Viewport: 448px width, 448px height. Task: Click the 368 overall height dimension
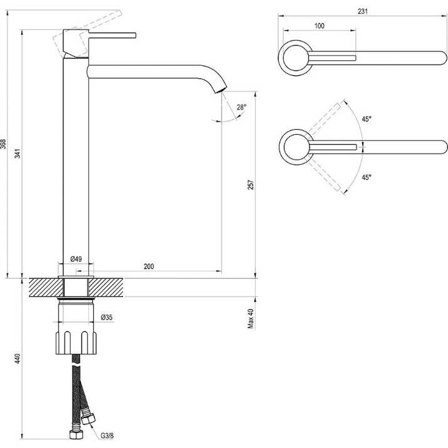3,144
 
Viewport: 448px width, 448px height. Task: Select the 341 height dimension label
18,154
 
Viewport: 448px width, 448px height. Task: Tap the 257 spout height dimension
251,185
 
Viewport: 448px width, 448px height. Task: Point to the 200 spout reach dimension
148,266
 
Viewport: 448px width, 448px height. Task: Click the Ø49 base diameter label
76,259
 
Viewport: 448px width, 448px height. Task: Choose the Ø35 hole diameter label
107,317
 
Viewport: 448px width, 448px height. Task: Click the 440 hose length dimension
18,358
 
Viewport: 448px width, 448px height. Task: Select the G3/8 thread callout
107,435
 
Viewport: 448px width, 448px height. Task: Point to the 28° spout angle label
241,107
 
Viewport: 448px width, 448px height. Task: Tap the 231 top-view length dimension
363,11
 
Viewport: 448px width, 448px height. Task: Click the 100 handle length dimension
320,26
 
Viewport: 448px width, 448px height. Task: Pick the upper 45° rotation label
367,119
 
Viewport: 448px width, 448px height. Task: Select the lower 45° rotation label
367,177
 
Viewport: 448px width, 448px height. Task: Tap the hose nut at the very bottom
76,435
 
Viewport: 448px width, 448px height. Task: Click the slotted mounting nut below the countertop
76,342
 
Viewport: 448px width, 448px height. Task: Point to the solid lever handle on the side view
112,35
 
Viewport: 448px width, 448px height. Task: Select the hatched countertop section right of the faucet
106,288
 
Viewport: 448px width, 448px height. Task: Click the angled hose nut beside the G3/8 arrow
88,419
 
